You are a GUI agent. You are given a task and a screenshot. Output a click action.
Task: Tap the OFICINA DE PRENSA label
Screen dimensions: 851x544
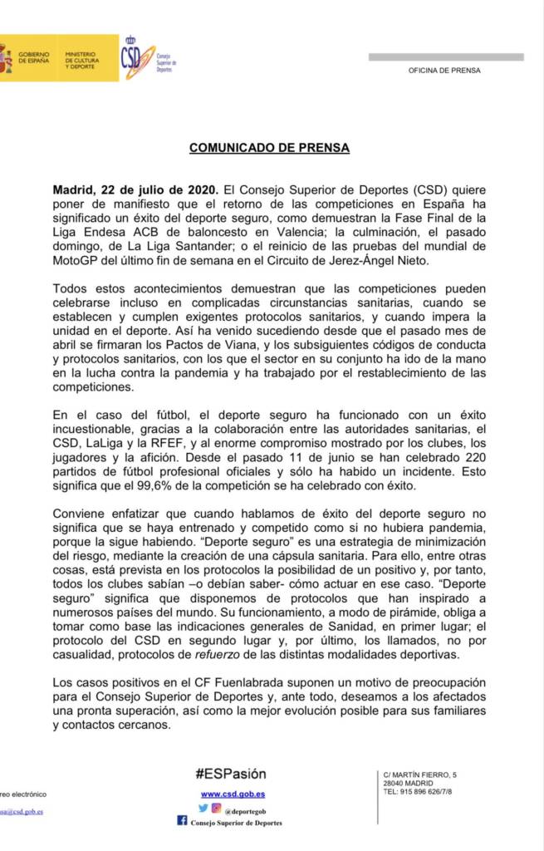tap(444, 71)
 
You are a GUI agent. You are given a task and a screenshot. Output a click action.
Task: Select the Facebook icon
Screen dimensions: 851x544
tap(182, 821)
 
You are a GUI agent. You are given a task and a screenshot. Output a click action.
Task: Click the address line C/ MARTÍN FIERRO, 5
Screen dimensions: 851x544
tap(420, 775)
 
